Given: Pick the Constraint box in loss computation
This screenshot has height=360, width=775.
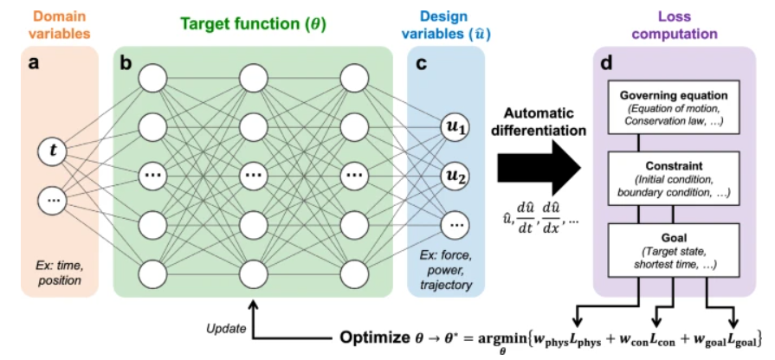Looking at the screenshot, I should pyautogui.click(x=672, y=178).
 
